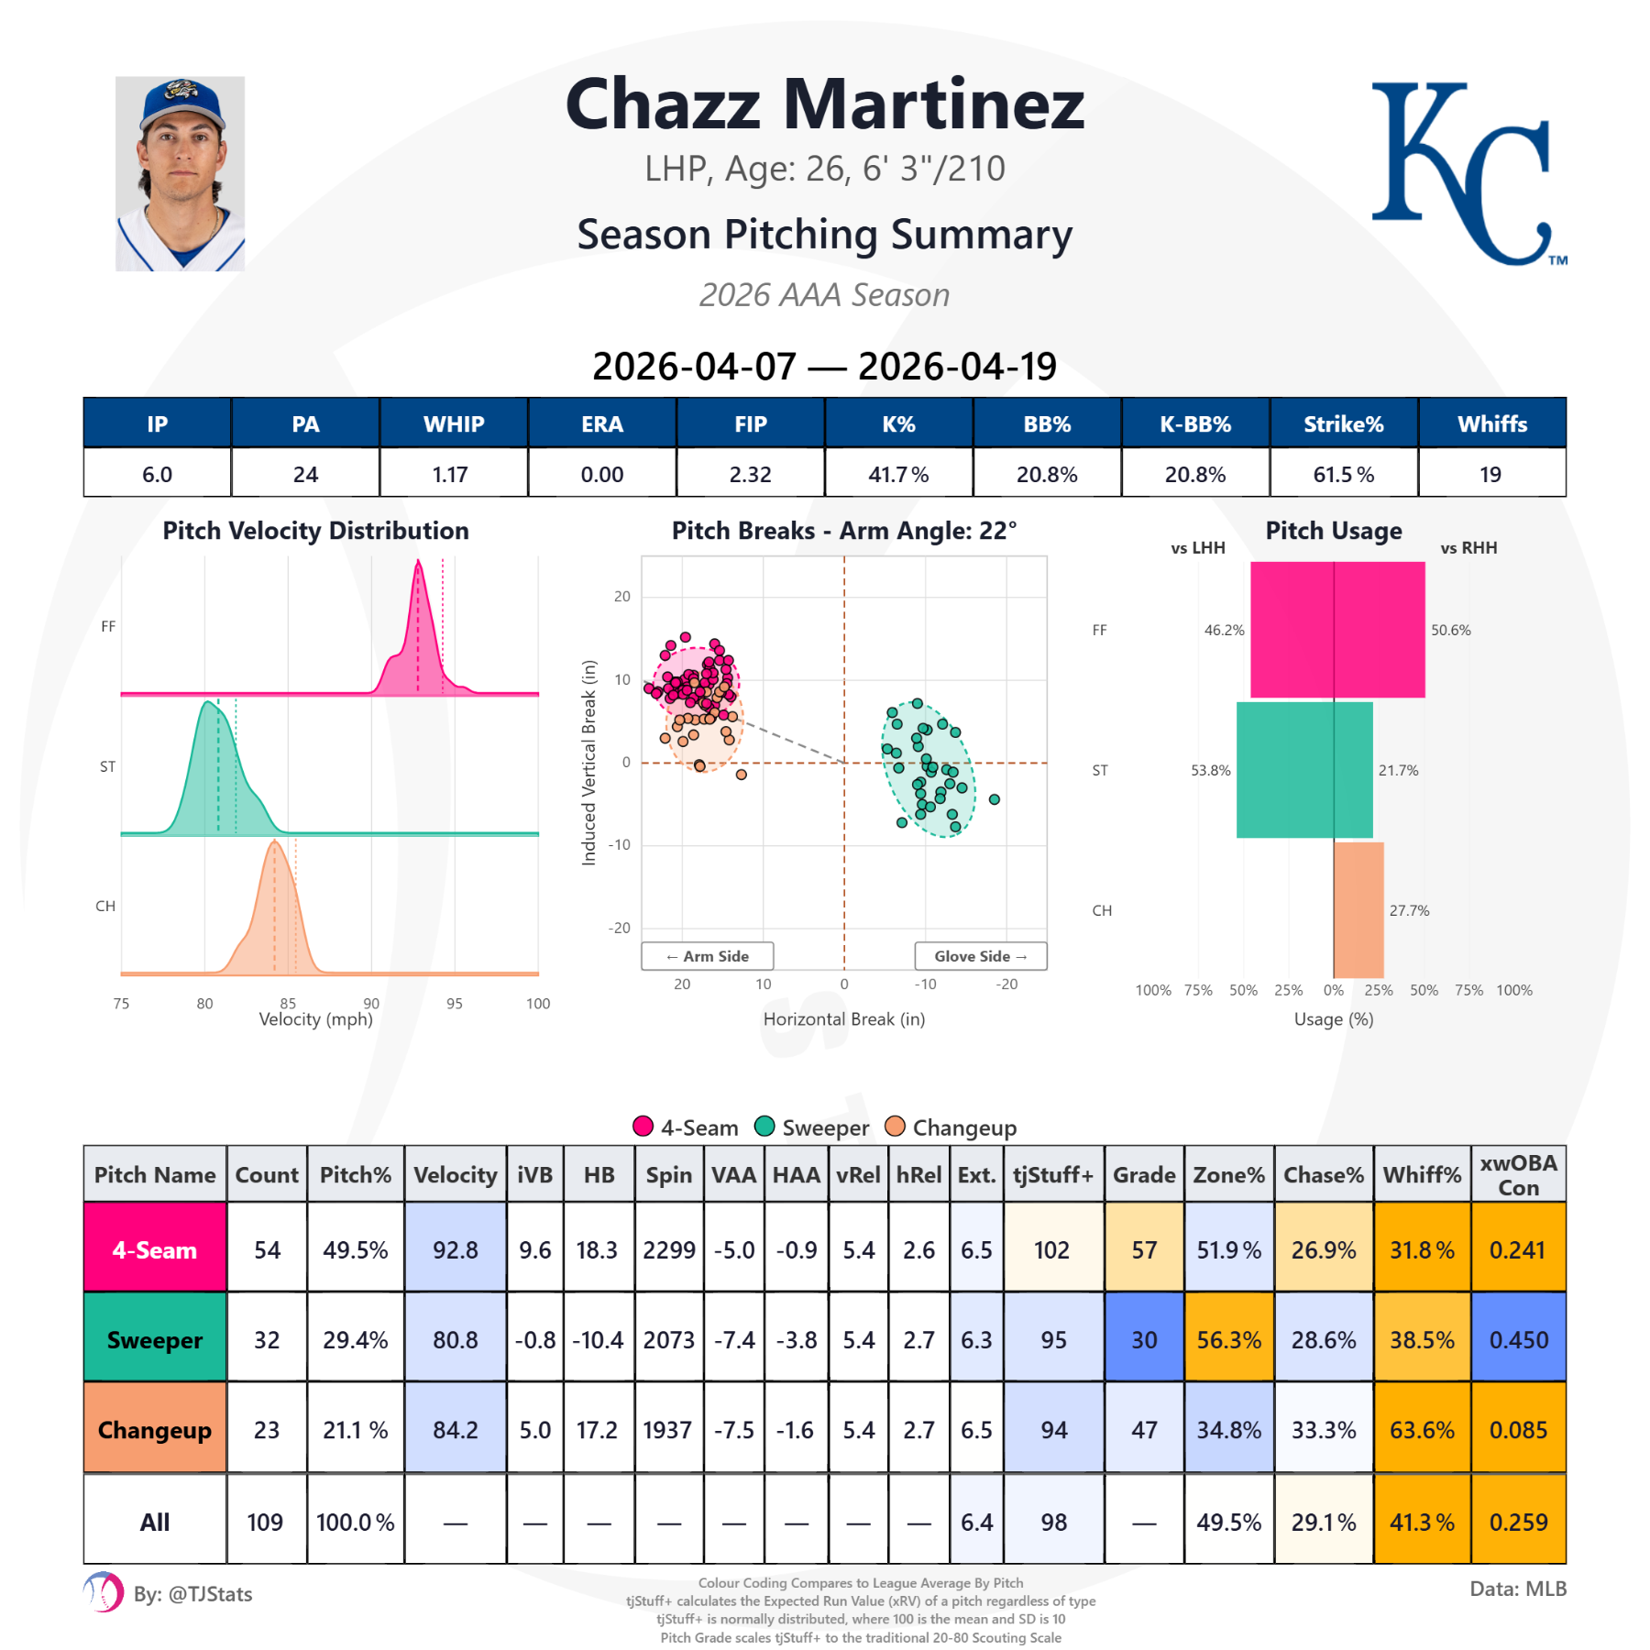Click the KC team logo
coord(1467,174)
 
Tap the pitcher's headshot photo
coord(180,174)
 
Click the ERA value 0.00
coord(602,474)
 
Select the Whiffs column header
coord(1491,423)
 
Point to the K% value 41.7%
coord(898,474)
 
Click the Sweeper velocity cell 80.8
coord(455,1339)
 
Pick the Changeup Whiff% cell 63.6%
coord(1421,1429)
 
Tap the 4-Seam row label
coord(154,1249)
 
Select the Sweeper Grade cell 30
coord(1143,1339)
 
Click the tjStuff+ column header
coord(1052,1174)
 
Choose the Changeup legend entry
coord(951,1127)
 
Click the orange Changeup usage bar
coord(1358,909)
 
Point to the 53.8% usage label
coord(1210,770)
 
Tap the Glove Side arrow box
coord(980,956)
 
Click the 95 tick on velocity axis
coord(454,1004)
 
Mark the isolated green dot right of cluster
coord(994,799)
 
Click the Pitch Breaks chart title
coord(843,531)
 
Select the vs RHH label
coord(1468,548)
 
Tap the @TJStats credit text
coord(192,1594)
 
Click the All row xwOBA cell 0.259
coord(1517,1522)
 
